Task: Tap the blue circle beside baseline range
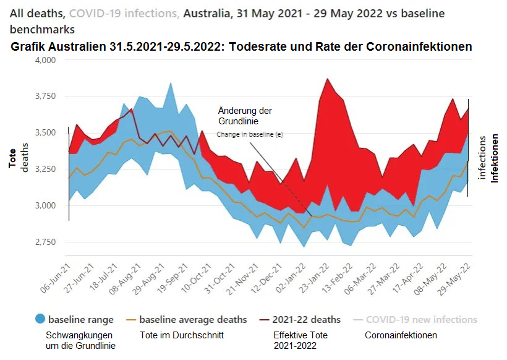point(40,320)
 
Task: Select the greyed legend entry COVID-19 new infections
point(421,320)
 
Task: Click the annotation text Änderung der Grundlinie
point(245,116)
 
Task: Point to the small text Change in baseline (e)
point(249,134)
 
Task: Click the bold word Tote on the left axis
point(12,158)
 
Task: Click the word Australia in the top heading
point(206,12)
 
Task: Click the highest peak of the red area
point(328,79)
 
